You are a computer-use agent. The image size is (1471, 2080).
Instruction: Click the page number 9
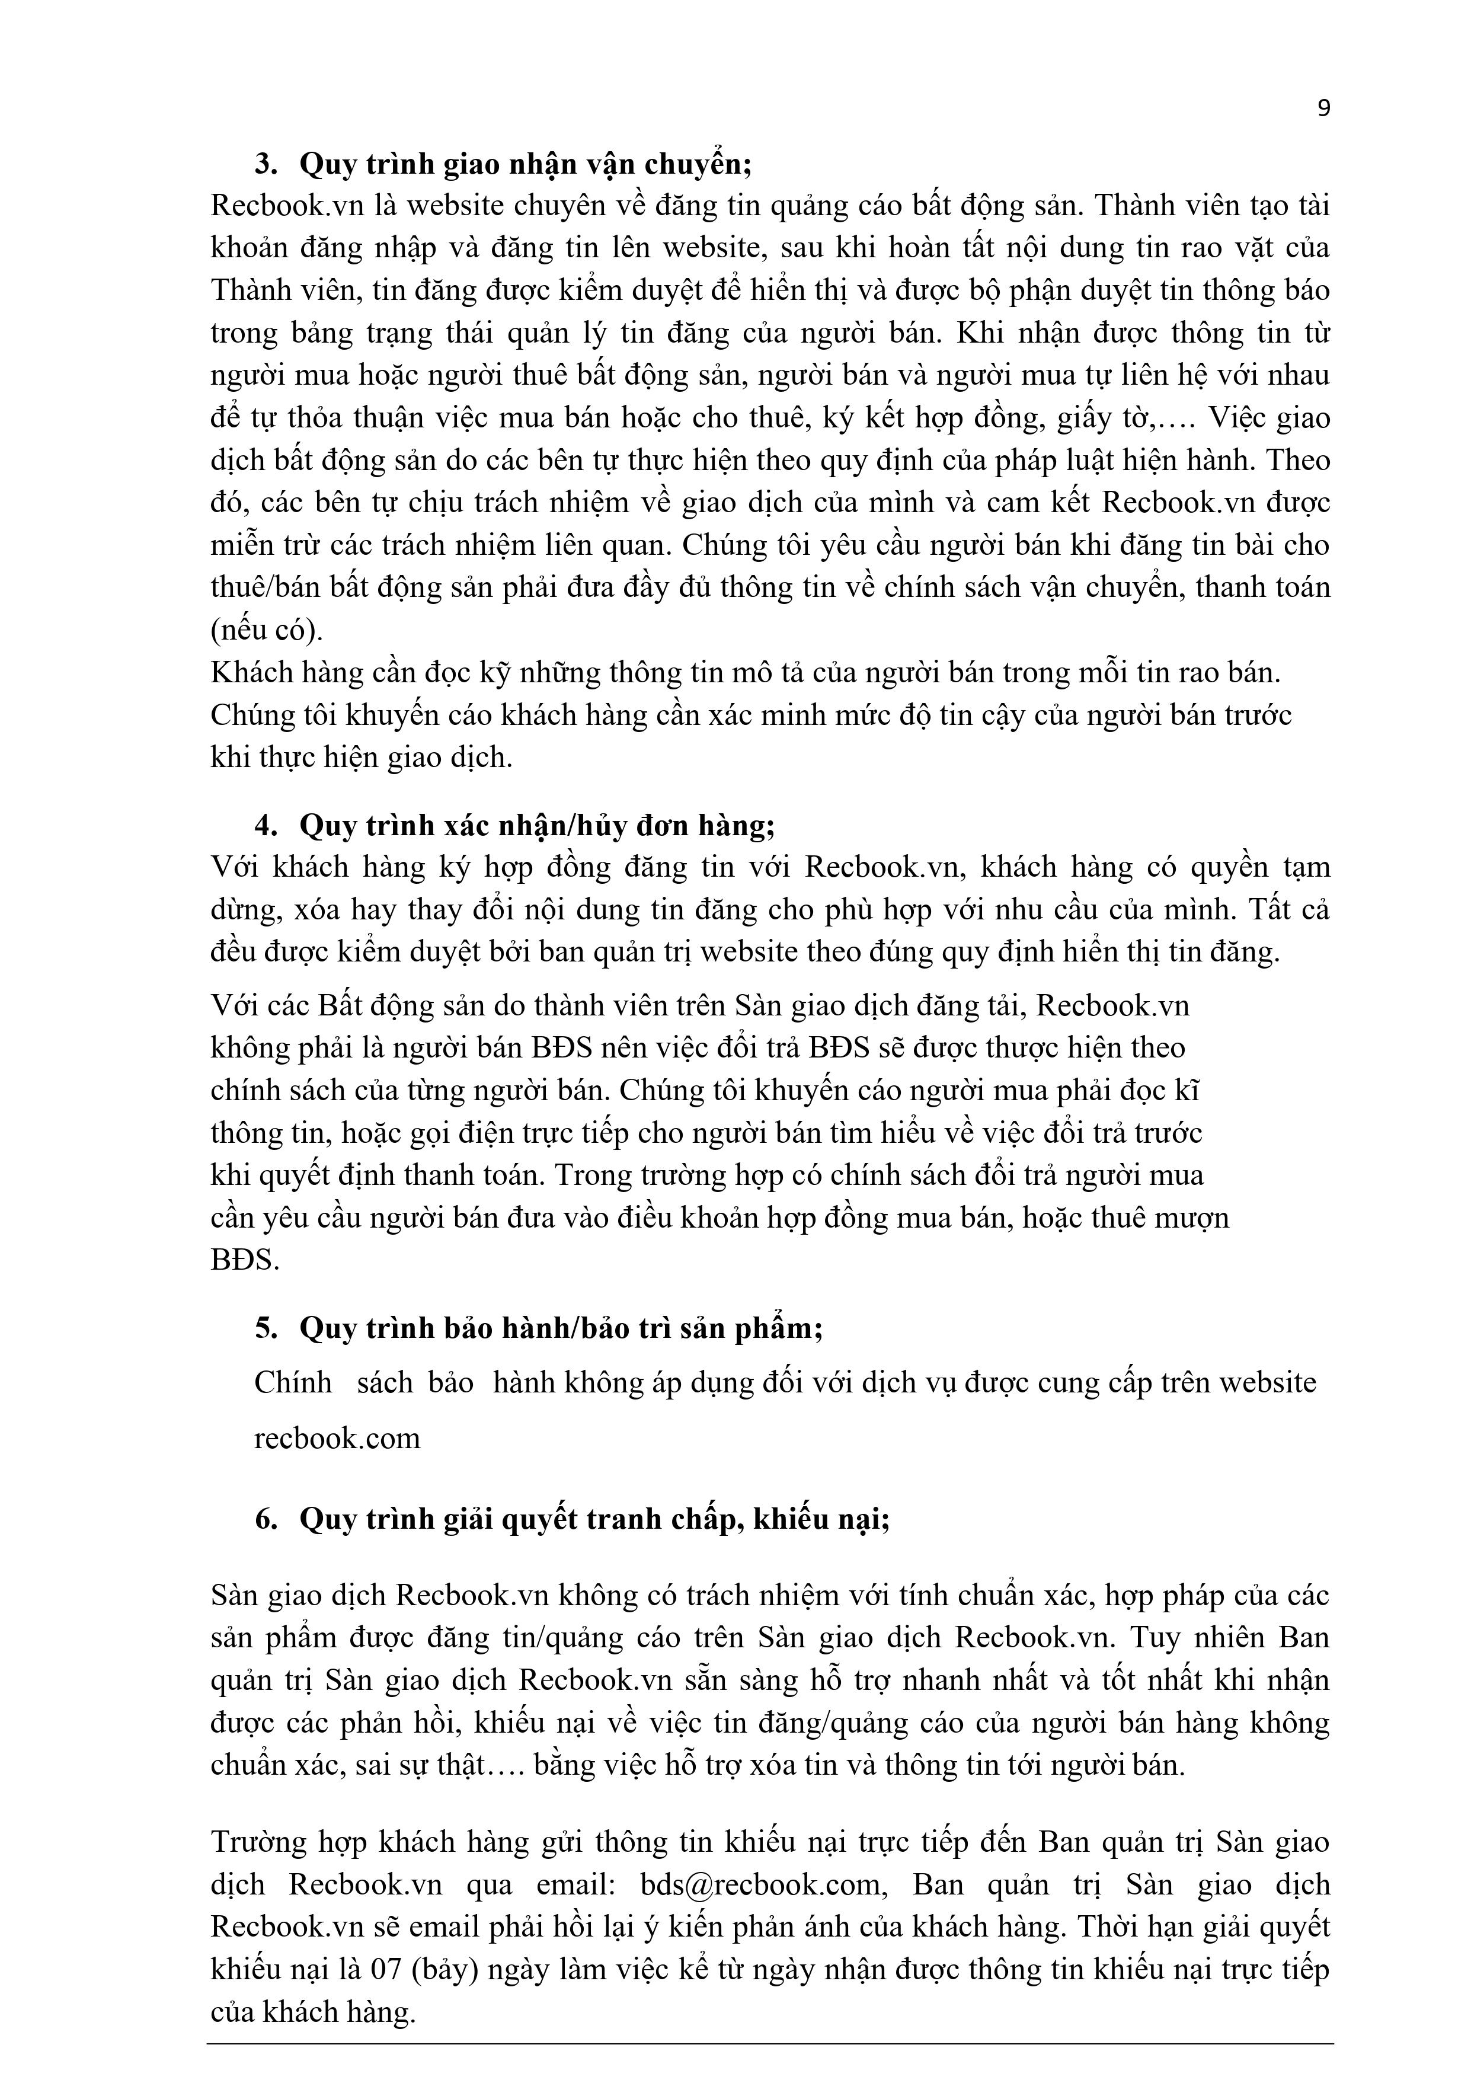click(1324, 108)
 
